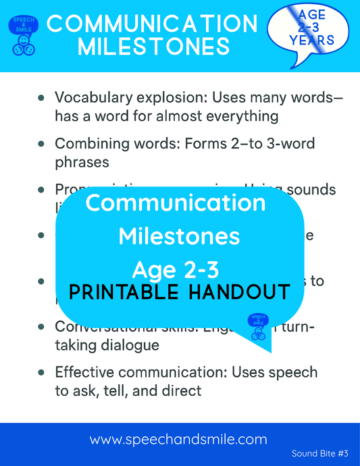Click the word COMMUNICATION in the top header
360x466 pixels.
point(153,24)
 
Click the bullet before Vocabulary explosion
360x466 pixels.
point(42,99)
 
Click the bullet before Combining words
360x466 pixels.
point(42,145)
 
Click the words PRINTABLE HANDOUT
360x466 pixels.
point(180,292)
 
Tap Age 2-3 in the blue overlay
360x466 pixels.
point(176,269)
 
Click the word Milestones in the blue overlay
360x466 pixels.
point(179,236)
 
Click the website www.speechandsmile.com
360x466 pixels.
point(179,440)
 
